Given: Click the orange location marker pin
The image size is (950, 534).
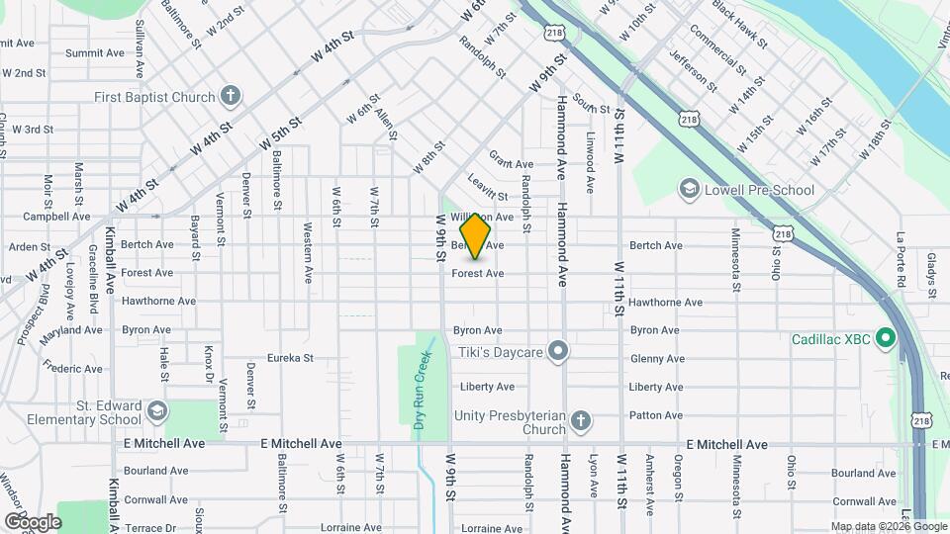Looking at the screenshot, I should (x=476, y=236).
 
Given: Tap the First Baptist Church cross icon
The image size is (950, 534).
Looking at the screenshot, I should (x=231, y=97).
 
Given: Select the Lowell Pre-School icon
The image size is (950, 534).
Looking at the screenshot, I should (x=689, y=189).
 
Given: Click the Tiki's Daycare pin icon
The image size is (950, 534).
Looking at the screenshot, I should (x=558, y=351).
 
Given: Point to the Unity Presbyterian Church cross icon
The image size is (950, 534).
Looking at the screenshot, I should (x=581, y=423).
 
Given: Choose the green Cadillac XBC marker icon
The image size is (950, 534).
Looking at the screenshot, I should (x=887, y=339).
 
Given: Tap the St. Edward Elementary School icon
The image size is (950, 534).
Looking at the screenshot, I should (x=155, y=410).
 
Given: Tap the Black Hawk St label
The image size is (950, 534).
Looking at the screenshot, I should (x=740, y=27).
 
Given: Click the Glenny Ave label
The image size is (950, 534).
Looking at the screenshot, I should (x=656, y=359).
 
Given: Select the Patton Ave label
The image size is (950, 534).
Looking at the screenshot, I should (x=656, y=415).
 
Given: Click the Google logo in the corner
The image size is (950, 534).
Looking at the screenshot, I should (x=33, y=521).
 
